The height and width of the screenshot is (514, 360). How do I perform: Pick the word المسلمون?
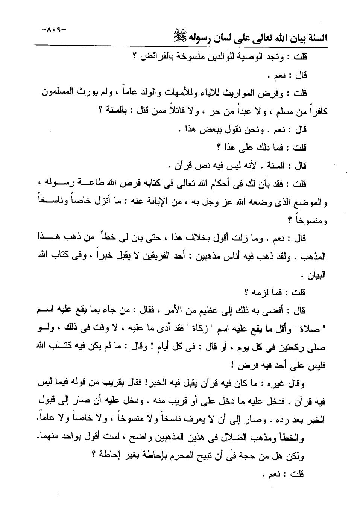pos(56,93)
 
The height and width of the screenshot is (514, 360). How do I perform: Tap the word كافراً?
pos(316,112)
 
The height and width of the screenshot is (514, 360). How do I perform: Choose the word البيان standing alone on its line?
pos(315,275)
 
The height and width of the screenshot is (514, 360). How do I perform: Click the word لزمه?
pos(261,292)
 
